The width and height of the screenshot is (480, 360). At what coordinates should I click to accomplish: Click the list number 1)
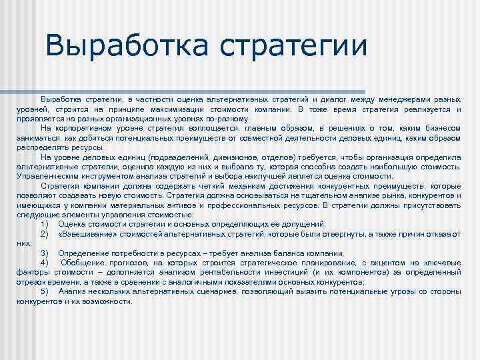tap(45, 225)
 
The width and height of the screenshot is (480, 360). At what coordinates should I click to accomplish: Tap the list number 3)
tap(45, 253)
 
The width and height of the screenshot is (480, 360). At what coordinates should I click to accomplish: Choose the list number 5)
tap(45, 291)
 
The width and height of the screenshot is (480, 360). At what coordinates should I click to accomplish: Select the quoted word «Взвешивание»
tap(82, 234)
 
